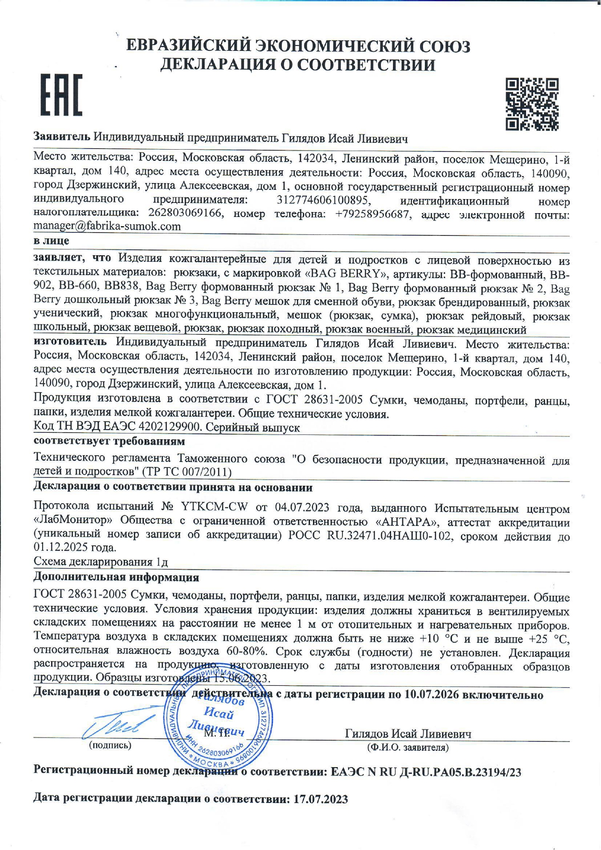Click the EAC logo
tap(61, 95)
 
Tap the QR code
tap(532, 104)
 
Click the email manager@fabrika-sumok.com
tap(107, 226)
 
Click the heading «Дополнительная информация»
tap(116, 577)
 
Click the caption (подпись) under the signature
tap(110, 745)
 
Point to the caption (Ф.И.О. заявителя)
tap(408, 747)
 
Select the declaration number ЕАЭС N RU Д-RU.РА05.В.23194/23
tap(426, 772)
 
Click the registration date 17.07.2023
tap(320, 799)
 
